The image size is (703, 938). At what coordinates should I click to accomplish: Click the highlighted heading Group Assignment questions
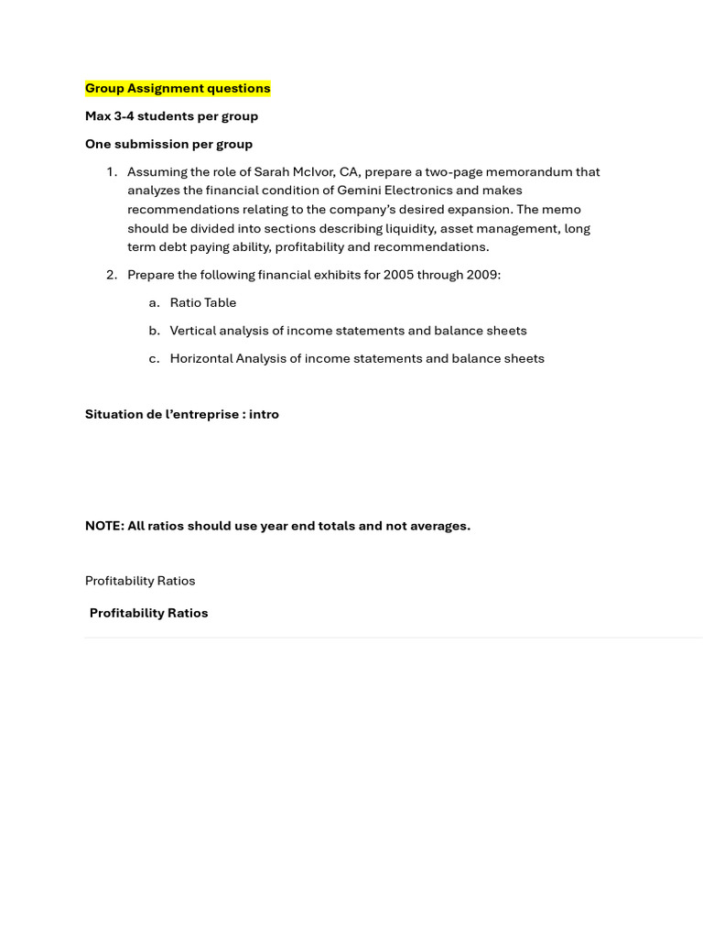pyautogui.click(x=178, y=88)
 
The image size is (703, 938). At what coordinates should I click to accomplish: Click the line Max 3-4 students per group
pyautogui.click(x=171, y=116)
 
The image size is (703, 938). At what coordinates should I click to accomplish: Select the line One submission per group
pyautogui.click(x=168, y=144)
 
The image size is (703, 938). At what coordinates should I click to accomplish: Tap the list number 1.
pyautogui.click(x=111, y=172)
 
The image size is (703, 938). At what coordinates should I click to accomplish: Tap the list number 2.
pyautogui.click(x=111, y=275)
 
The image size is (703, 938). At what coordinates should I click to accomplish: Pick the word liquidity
pyautogui.click(x=411, y=228)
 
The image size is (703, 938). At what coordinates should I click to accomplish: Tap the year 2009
pyautogui.click(x=483, y=275)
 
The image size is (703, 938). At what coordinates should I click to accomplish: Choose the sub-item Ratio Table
pyautogui.click(x=203, y=303)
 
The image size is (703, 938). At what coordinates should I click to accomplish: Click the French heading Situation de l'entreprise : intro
pyautogui.click(x=181, y=414)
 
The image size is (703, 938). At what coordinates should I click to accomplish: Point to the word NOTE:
pyautogui.click(x=104, y=526)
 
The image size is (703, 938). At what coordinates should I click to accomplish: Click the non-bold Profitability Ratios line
pyautogui.click(x=140, y=581)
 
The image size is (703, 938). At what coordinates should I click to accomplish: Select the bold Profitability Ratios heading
pyautogui.click(x=148, y=614)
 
